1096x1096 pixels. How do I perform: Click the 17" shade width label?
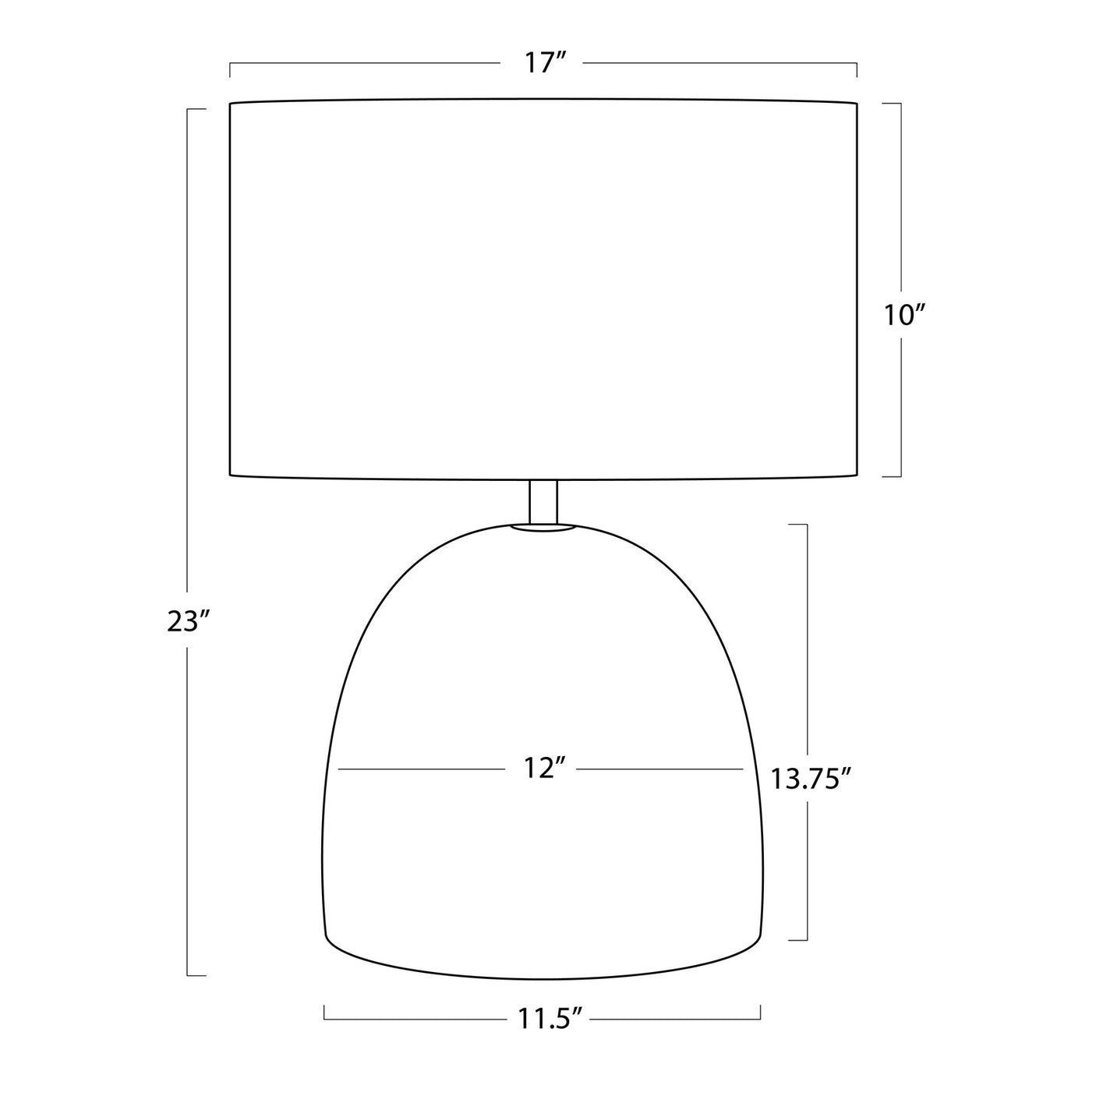click(544, 62)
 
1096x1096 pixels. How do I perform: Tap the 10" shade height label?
click(904, 315)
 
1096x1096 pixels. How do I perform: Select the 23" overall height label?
click(189, 620)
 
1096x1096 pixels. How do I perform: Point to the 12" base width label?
click(543, 769)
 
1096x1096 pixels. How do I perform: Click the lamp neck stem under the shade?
click(543, 500)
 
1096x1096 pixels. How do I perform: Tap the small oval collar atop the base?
click(543, 529)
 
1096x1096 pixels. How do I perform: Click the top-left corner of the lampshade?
click(231, 103)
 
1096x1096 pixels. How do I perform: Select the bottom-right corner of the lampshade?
click(857, 474)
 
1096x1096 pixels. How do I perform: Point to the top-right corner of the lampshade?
click(857, 103)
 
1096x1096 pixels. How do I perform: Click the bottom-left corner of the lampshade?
click(231, 474)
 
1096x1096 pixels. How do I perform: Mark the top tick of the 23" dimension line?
click(196, 109)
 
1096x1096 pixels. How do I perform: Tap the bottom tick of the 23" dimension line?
click(196, 974)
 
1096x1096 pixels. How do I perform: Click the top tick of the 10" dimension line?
click(892, 103)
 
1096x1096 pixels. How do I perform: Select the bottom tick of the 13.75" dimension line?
click(798, 939)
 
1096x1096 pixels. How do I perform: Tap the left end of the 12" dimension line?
click(340, 769)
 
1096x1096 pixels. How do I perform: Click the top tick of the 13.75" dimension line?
click(798, 525)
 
